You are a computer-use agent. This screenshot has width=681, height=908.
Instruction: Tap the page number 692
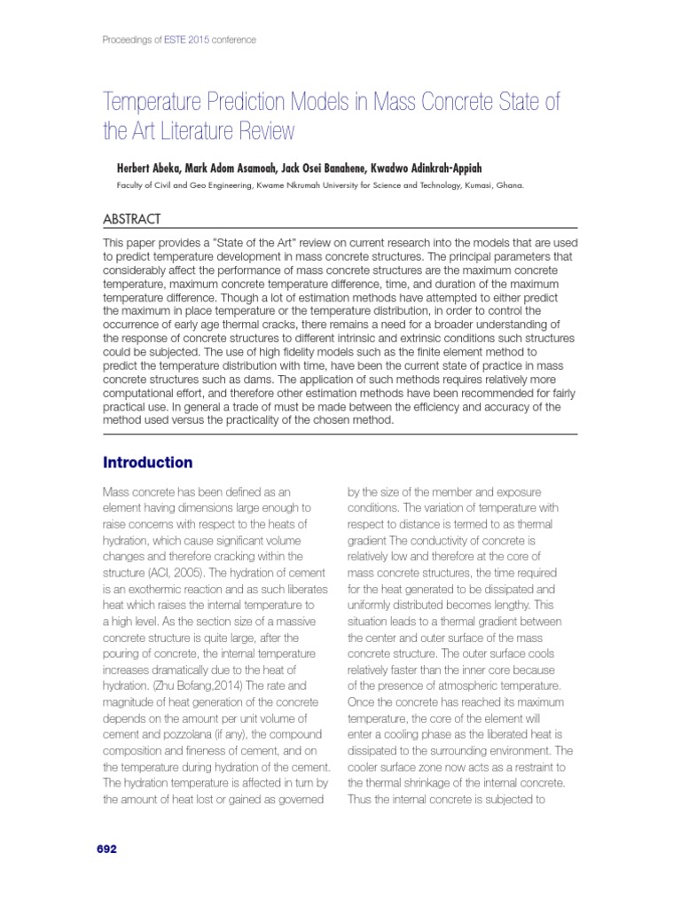[x=106, y=849]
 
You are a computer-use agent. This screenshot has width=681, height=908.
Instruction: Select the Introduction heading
[x=147, y=462]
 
